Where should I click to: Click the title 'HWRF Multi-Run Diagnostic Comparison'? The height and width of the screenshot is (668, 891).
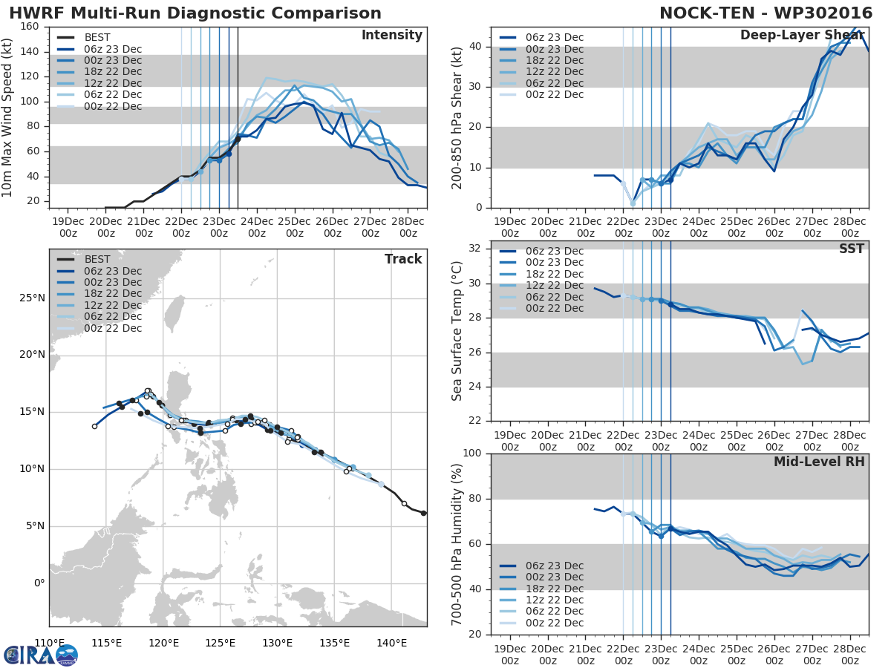point(195,13)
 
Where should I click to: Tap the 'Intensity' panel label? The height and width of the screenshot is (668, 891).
point(392,36)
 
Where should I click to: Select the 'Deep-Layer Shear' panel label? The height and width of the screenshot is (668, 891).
point(802,36)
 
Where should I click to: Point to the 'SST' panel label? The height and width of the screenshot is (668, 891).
point(851,249)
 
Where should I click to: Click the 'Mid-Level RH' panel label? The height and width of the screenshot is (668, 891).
point(819,462)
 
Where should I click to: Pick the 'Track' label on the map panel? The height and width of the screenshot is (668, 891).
point(403,259)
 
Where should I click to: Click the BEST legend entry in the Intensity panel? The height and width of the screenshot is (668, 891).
point(98,38)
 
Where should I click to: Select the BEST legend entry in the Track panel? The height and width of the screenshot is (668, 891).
point(98,260)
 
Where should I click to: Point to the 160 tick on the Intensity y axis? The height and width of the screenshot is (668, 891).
point(30,27)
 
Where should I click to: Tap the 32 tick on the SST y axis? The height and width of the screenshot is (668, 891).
point(477,248)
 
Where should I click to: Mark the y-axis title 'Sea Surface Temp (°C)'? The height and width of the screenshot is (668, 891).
point(457,331)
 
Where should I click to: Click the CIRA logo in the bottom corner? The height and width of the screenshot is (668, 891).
point(41,655)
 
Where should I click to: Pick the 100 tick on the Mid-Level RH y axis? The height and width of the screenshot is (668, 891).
point(473,453)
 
